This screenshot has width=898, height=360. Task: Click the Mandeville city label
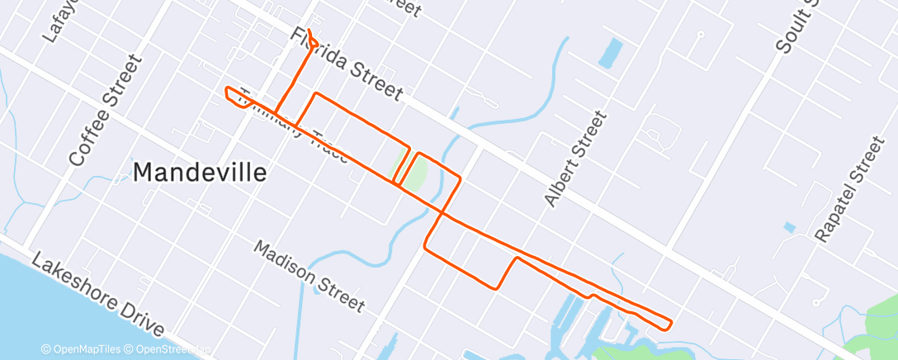click(200, 173)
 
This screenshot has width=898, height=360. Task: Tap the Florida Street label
click(346, 65)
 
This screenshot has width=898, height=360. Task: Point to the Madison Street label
click(309, 277)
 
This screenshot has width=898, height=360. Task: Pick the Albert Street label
click(575, 159)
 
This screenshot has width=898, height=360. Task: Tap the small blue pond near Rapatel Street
click(790, 226)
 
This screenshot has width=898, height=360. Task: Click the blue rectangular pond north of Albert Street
click(612, 53)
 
